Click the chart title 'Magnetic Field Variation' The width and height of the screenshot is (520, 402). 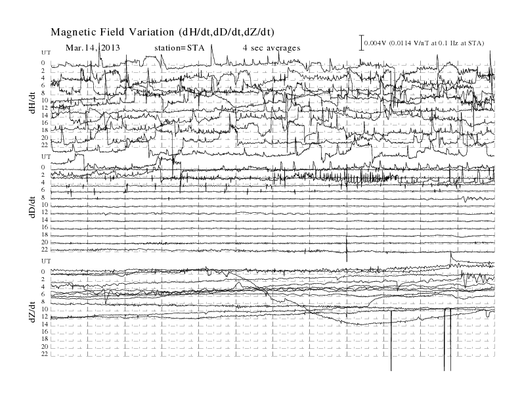(x=112, y=32)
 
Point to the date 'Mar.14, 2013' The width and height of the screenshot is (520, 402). (x=93, y=48)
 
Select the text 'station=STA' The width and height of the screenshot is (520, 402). (x=179, y=48)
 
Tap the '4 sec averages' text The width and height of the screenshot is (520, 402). (x=272, y=48)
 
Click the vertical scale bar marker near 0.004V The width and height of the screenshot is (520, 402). (x=362, y=43)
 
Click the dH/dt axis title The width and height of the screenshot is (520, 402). (x=32, y=102)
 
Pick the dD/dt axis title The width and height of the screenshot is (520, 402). (x=32, y=207)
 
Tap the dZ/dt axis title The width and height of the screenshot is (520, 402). (x=32, y=312)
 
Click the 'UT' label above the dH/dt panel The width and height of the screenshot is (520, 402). (x=46, y=53)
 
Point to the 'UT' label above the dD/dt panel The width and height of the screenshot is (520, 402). (x=46, y=156)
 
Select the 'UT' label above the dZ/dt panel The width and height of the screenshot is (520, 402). (x=46, y=261)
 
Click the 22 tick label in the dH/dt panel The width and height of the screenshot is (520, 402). (x=45, y=145)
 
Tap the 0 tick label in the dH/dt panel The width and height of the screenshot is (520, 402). (x=43, y=63)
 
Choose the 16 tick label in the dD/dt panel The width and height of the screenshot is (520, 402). (x=45, y=227)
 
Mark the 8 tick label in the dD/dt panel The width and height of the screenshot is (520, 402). (x=43, y=197)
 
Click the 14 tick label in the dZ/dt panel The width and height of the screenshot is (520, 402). (x=45, y=324)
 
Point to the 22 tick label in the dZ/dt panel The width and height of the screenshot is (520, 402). (x=45, y=354)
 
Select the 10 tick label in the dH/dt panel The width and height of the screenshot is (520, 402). (x=45, y=100)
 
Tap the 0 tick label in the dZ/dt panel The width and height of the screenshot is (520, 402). (x=43, y=272)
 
